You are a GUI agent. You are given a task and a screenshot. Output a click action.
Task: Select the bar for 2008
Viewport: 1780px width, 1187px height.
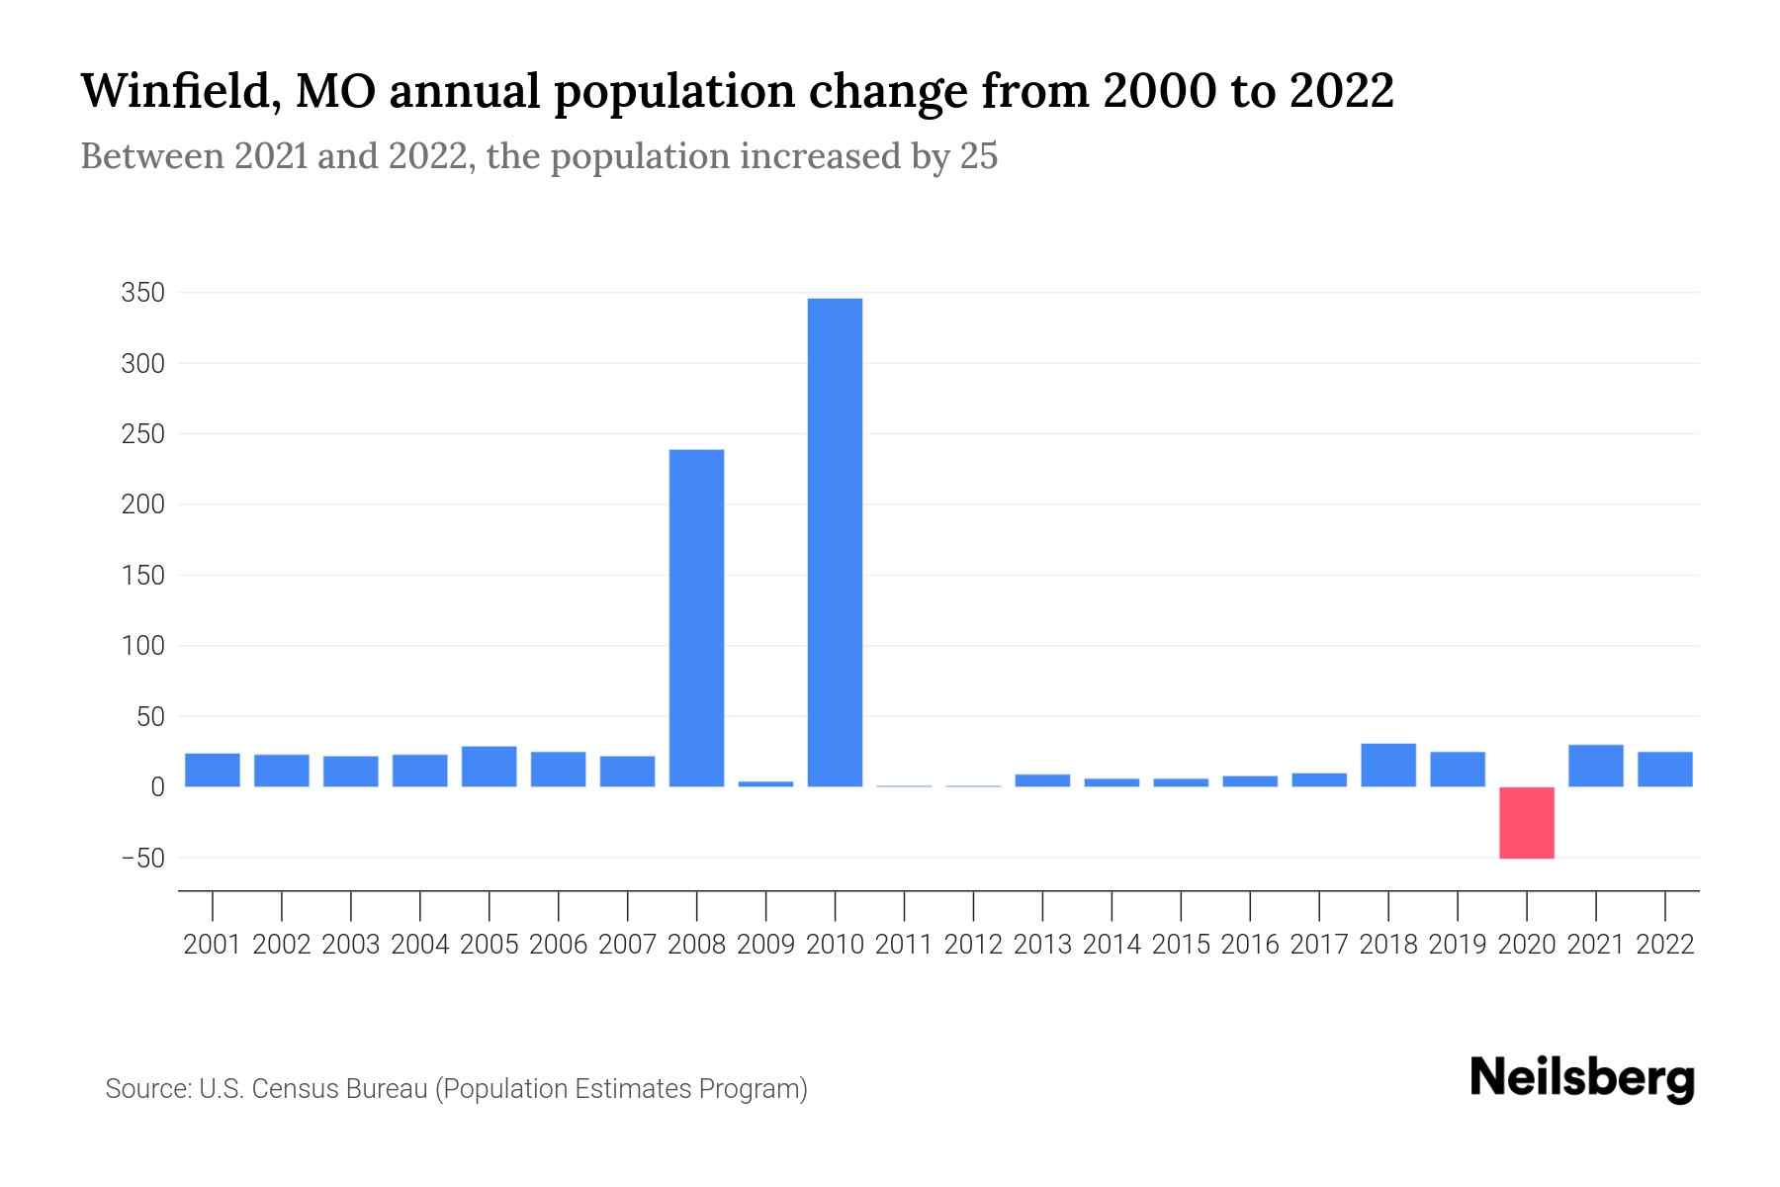(696, 618)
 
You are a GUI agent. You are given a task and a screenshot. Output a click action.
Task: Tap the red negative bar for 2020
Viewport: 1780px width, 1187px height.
(1526, 822)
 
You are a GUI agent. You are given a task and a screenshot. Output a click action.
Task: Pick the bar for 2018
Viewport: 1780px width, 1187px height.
(1387, 765)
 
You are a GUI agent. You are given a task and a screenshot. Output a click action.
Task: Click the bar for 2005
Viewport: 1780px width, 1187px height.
(489, 767)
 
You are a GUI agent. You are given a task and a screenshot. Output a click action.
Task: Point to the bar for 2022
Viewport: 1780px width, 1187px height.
(1664, 770)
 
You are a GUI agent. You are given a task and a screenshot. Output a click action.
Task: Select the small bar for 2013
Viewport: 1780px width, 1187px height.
(1042, 780)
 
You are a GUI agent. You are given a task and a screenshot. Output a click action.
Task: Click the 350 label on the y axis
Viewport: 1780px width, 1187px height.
(142, 293)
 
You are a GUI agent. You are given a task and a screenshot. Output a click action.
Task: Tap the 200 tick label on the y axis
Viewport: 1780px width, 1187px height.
(142, 504)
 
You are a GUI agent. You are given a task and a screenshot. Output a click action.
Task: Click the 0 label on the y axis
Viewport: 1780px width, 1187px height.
(157, 787)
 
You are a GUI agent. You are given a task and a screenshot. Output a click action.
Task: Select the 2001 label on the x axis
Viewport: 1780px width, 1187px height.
(212, 945)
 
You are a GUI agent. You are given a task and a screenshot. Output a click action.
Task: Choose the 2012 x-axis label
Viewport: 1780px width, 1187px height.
(973, 945)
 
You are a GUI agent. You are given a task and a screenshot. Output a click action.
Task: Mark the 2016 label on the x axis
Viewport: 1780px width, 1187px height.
(1250, 945)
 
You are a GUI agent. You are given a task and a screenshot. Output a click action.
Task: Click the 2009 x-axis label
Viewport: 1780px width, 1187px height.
(765, 945)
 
